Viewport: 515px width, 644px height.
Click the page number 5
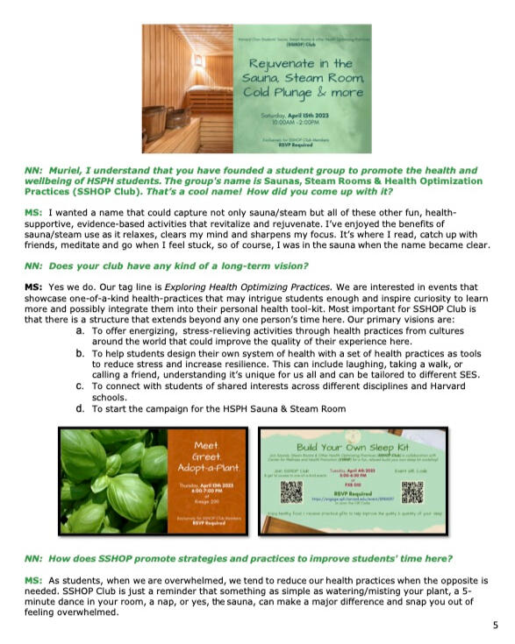(495, 625)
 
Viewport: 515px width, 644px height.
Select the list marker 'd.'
(80, 407)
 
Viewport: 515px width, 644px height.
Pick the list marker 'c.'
(80, 385)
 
